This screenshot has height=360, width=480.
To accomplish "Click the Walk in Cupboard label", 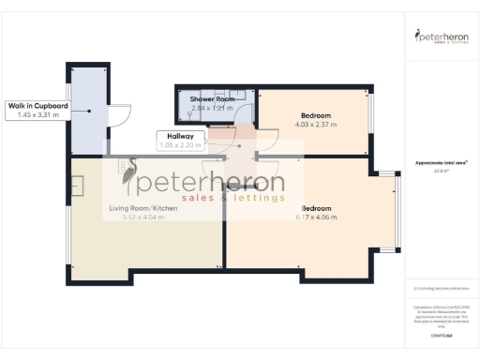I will point(37,105).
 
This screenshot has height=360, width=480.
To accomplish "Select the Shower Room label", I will point(212,98).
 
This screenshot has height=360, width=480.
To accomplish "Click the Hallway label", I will point(175,136).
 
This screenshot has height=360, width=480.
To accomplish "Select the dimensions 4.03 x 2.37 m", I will point(314,125).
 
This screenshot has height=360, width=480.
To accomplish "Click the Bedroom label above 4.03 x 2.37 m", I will point(315,115).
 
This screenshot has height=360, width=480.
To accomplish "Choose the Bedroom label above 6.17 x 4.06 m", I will point(316,207).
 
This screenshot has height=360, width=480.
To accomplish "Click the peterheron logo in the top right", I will point(442,37).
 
